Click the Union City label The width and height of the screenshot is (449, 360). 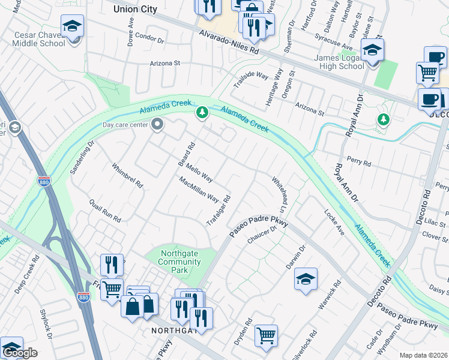click(x=135, y=9)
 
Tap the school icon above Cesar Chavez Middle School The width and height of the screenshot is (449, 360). click(x=72, y=26)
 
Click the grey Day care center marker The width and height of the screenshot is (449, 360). click(x=158, y=125)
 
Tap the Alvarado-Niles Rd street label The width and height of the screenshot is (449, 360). click(x=229, y=43)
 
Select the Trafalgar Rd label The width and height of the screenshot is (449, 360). click(x=220, y=208)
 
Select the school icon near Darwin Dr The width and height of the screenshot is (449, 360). click(x=306, y=279)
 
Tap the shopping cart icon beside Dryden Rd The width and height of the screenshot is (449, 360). click(x=266, y=335)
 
